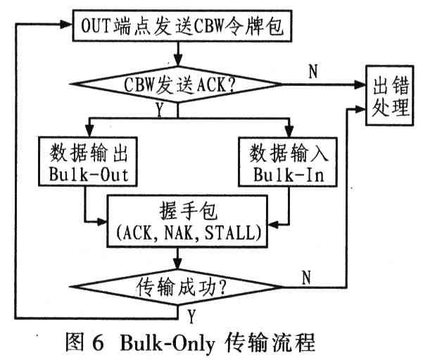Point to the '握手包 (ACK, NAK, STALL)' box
click(187, 219)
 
